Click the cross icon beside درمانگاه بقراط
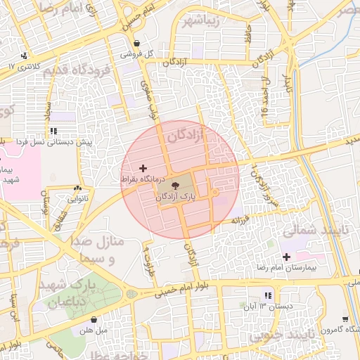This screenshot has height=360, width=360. click(x=143, y=168)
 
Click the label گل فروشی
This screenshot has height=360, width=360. click(x=136, y=53)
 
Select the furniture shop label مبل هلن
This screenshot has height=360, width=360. click(x=91, y=330)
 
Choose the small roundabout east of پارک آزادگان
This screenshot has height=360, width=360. click(x=214, y=193)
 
